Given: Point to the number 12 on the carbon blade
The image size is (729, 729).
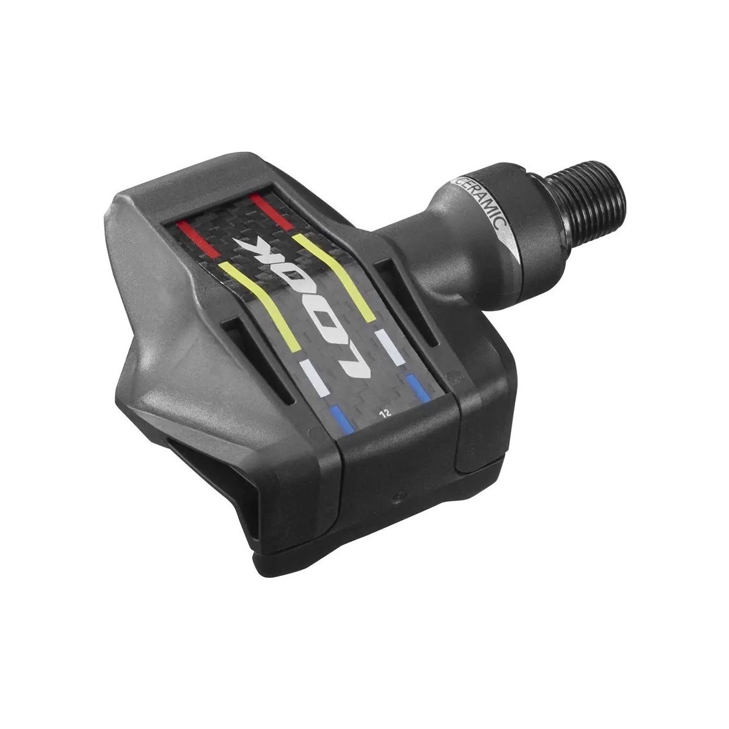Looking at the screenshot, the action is point(386,413).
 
